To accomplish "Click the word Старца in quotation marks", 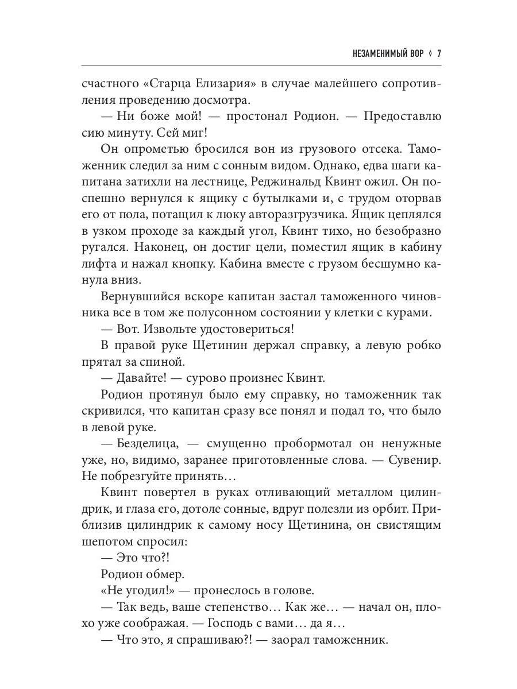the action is pos(172,83).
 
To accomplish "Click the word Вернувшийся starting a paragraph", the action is pos(138,297).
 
